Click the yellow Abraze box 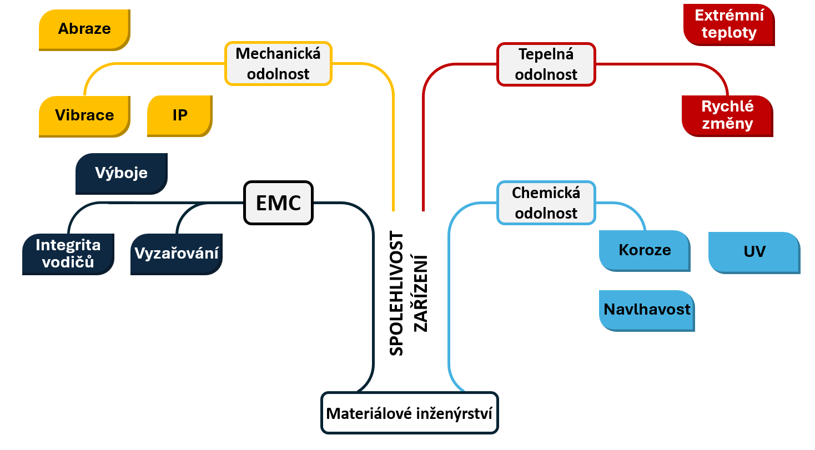click(x=84, y=29)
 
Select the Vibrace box click(x=84, y=115)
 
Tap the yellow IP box click(x=180, y=115)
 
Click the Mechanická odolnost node click(x=278, y=64)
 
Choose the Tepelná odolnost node click(x=546, y=64)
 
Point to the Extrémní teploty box click(x=729, y=24)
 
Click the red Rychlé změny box click(x=727, y=115)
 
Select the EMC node click(x=278, y=203)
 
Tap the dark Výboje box click(x=121, y=173)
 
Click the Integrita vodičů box click(x=68, y=254)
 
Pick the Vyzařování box click(x=177, y=254)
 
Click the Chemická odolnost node click(x=546, y=203)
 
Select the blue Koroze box click(x=645, y=250)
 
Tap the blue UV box click(x=754, y=252)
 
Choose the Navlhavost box click(x=647, y=310)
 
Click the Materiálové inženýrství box click(x=410, y=413)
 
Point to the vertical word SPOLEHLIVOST click(x=396, y=294)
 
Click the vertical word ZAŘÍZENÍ click(x=421, y=293)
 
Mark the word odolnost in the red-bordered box click(x=546, y=74)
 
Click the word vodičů click(x=68, y=262)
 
